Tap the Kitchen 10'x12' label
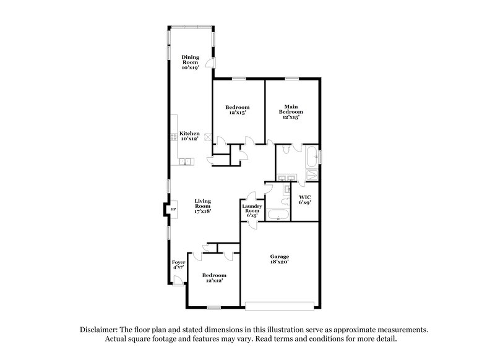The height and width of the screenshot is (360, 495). coord(189,136)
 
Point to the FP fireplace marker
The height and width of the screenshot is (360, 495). coord(173,210)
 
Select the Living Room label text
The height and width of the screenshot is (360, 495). coord(203,205)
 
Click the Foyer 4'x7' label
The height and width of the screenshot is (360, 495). coord(178,265)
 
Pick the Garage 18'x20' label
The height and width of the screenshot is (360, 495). coord(280,259)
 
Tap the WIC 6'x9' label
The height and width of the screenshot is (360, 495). coord(304,200)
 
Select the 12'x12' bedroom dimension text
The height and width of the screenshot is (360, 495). coord(213,280)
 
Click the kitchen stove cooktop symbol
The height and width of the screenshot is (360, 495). coord(174,138)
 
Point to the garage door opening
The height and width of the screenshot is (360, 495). coord(280,304)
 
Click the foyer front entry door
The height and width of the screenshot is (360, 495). coord(177,281)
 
